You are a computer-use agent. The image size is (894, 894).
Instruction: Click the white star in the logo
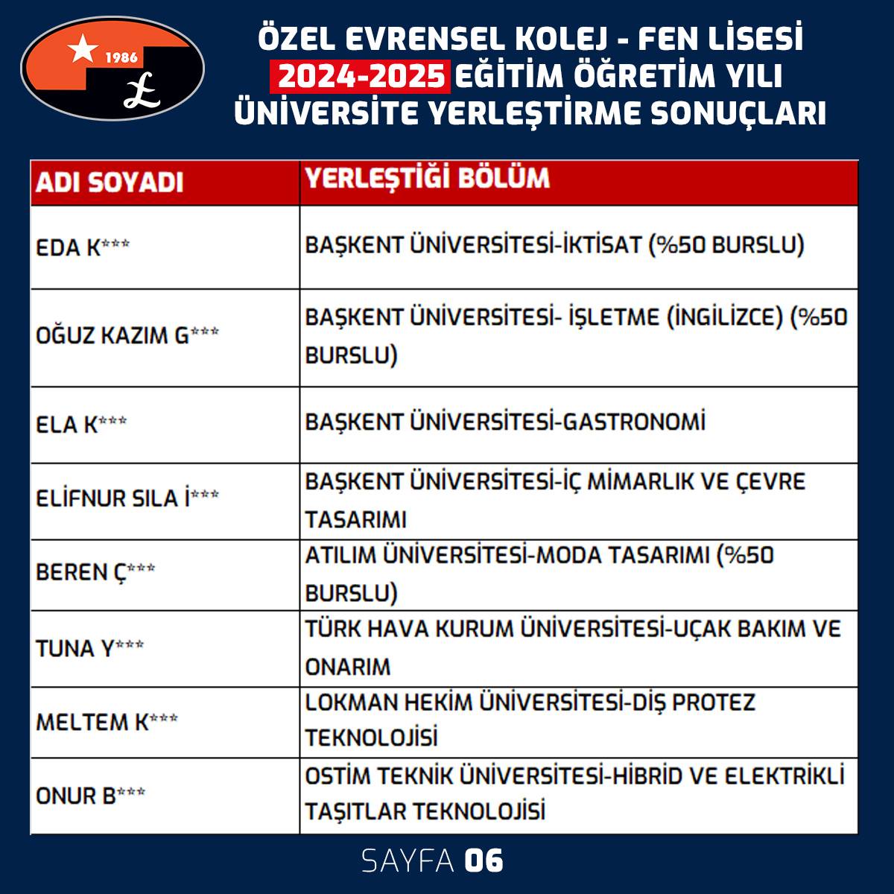(82, 49)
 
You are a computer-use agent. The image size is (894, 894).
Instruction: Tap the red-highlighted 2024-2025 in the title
(364, 76)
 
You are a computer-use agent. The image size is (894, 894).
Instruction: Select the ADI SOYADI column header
(110, 183)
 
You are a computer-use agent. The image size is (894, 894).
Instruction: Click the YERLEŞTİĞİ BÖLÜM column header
(428, 178)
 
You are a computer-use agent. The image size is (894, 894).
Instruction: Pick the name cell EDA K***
(82, 247)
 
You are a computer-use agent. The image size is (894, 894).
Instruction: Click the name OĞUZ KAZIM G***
(127, 335)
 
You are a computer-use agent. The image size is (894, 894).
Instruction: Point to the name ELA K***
(81, 425)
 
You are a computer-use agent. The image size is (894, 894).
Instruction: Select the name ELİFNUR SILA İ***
(127, 498)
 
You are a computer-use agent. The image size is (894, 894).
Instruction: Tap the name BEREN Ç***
(95, 572)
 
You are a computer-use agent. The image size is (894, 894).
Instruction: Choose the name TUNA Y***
(89, 648)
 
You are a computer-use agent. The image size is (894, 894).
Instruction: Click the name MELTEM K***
(107, 722)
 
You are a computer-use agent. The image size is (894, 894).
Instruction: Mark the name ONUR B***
(90, 796)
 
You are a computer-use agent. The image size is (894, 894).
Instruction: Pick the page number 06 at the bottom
(484, 861)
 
